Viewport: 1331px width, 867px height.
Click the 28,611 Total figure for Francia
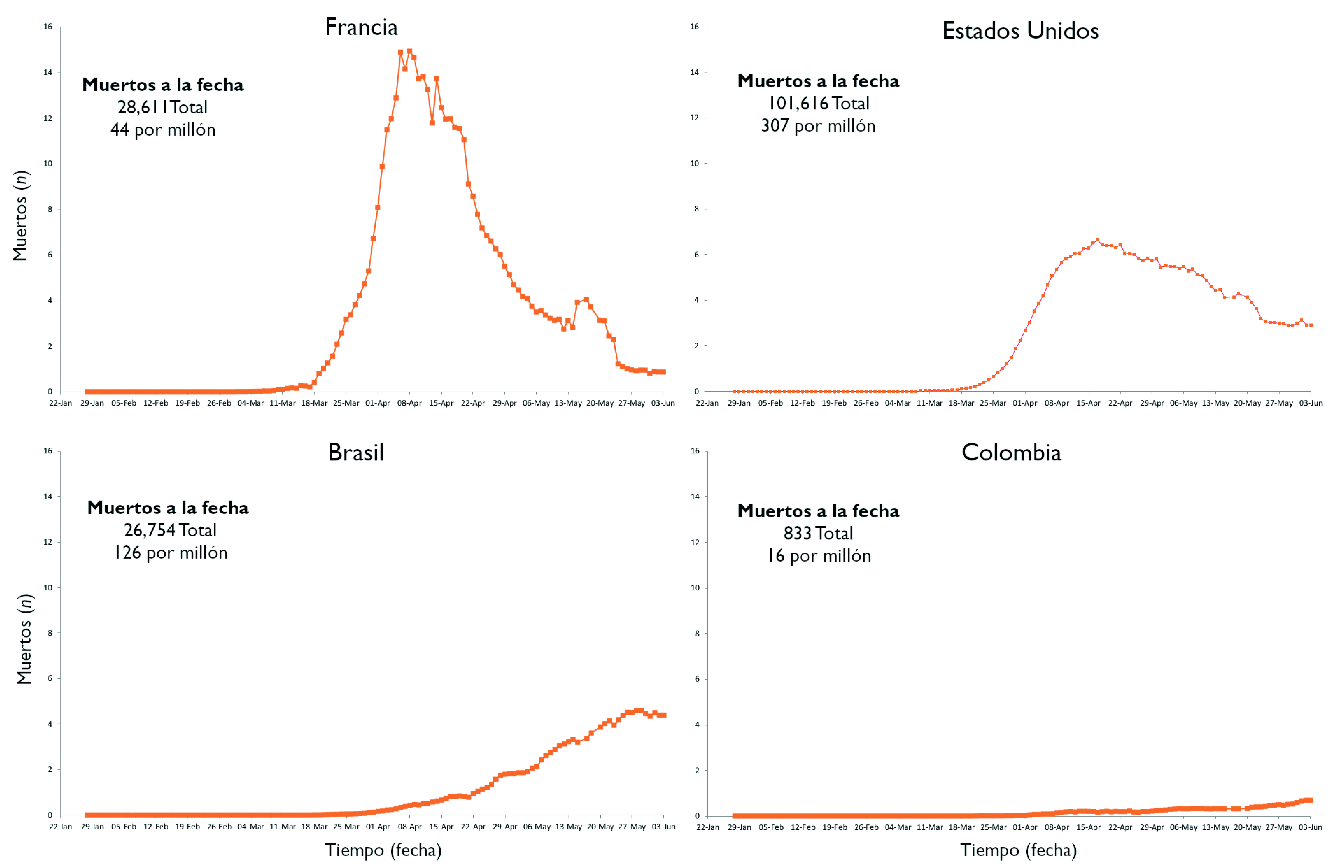(x=162, y=107)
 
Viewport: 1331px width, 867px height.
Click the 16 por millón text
(x=818, y=556)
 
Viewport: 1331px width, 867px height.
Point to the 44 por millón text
(x=163, y=130)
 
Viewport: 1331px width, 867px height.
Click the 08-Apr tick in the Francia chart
(x=409, y=403)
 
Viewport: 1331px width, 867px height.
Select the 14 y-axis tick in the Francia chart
(x=48, y=72)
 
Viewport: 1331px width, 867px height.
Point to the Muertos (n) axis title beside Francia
(x=21, y=216)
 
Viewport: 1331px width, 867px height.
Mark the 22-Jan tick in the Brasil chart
(x=60, y=827)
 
